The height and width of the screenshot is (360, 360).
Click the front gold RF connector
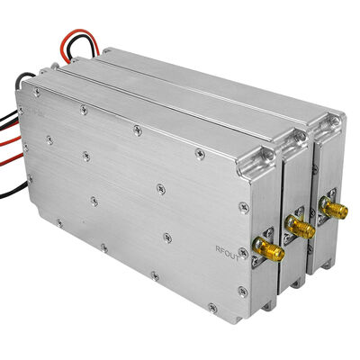[x=268, y=249]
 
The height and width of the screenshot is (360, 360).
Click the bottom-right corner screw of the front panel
[x=242, y=290]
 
